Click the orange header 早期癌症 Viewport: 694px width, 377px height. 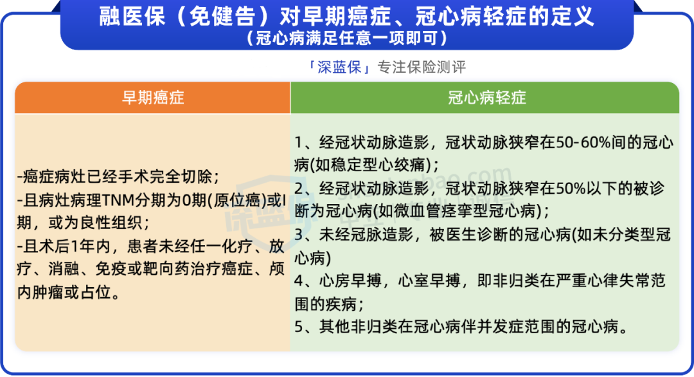(153, 98)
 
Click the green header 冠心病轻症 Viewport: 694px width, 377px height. (486, 98)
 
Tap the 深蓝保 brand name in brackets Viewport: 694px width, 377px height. (339, 68)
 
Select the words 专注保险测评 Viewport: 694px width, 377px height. (420, 68)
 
